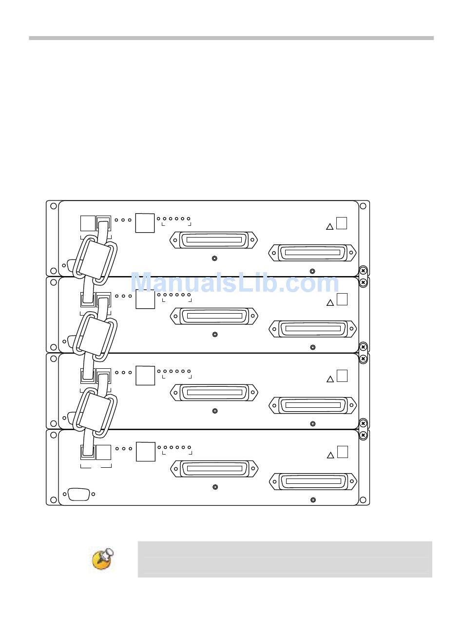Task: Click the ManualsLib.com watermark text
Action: [x=235, y=282]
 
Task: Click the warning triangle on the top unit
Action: [x=329, y=226]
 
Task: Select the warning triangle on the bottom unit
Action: [x=330, y=455]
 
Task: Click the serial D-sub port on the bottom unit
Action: [x=79, y=494]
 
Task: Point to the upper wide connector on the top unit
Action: [x=213, y=240]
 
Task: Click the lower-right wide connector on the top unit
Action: [x=312, y=253]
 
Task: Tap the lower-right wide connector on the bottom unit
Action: [x=313, y=481]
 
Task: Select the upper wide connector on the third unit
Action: [x=214, y=392]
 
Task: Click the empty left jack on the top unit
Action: [x=88, y=223]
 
